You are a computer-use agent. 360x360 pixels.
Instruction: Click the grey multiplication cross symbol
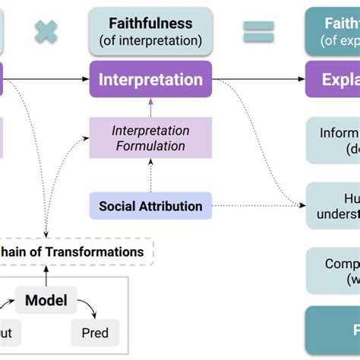tap(46, 32)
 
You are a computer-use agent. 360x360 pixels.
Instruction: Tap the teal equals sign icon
tap(257, 31)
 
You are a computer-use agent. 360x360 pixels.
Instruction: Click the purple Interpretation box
tap(150, 79)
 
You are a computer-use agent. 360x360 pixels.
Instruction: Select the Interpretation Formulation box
tap(150, 137)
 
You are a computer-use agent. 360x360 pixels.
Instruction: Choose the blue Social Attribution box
tap(150, 206)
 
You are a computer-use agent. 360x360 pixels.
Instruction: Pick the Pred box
tap(95, 333)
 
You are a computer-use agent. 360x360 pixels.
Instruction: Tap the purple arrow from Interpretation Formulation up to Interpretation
tap(150, 107)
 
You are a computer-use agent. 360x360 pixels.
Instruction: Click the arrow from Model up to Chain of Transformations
tap(46, 276)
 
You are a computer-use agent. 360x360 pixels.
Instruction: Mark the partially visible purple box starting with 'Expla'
tap(333, 79)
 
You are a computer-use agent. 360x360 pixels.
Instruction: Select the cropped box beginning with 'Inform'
tap(333, 141)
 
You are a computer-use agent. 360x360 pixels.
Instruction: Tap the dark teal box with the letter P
tap(333, 330)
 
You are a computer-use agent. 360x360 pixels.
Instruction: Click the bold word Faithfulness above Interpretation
tap(150, 23)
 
